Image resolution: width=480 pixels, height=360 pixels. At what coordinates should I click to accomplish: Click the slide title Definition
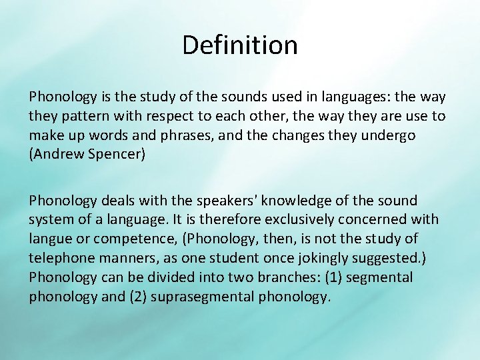click(x=240, y=45)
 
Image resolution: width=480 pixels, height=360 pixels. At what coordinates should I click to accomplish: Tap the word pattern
click(x=81, y=116)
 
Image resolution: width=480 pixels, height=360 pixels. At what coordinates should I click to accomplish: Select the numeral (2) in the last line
click(x=136, y=297)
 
